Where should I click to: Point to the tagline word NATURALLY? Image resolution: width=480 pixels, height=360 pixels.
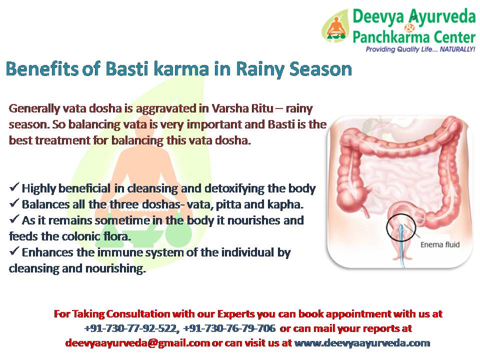[x=457, y=49]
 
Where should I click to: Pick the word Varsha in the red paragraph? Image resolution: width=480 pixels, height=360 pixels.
[x=230, y=108]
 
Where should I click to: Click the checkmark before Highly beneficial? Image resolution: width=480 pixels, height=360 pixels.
[x=14, y=186]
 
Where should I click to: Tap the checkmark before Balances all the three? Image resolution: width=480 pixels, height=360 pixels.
[x=14, y=202]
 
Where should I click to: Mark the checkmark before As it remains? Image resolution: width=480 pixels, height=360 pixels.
[x=14, y=219]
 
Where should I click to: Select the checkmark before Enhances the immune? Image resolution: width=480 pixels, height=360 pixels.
[x=14, y=250]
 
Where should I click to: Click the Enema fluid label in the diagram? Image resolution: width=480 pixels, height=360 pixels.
[x=440, y=244]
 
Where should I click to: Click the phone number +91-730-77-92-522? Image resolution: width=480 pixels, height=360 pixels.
[x=131, y=328]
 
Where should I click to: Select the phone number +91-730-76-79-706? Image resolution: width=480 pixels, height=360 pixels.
[x=229, y=328]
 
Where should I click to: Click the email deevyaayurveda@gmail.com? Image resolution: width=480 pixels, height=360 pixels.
[x=137, y=343]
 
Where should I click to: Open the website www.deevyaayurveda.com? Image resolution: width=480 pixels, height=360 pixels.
[x=362, y=343]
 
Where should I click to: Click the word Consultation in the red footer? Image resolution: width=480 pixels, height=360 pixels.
[x=138, y=314]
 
